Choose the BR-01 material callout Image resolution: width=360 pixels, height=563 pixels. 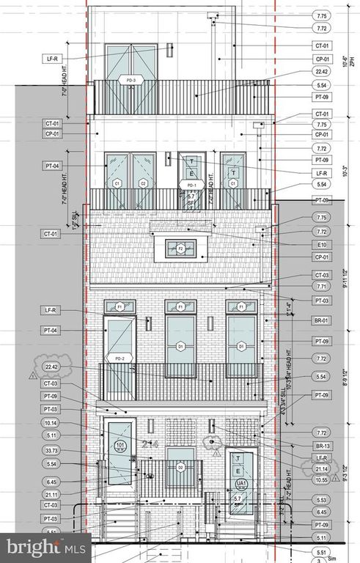pyautogui.click(x=320, y=321)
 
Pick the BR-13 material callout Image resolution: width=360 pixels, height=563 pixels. pyautogui.click(x=320, y=446)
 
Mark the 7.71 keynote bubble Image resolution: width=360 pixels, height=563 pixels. pyautogui.click(x=320, y=287)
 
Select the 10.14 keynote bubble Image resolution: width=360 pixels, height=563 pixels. pyautogui.click(x=51, y=423)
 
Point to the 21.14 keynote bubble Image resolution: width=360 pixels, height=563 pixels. pyautogui.click(x=320, y=468)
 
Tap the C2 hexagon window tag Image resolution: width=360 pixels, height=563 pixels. pyautogui.click(x=144, y=183)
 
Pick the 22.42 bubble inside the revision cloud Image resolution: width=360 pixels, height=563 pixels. pyautogui.click(x=51, y=367)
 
